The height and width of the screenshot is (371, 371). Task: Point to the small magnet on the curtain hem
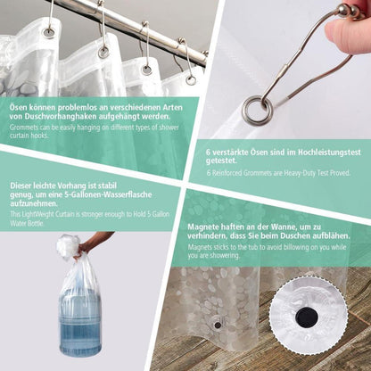tap(218, 325)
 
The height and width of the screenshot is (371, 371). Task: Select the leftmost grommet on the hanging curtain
tap(48, 32)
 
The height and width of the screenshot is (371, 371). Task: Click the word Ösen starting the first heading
tap(19, 107)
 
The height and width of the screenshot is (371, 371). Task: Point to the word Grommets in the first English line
tap(23, 128)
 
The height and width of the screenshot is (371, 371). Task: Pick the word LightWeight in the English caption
tap(36, 214)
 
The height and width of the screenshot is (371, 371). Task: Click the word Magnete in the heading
tap(203, 227)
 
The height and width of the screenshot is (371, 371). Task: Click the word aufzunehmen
tap(34, 204)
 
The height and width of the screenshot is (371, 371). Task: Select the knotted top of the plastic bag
tap(68, 244)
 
